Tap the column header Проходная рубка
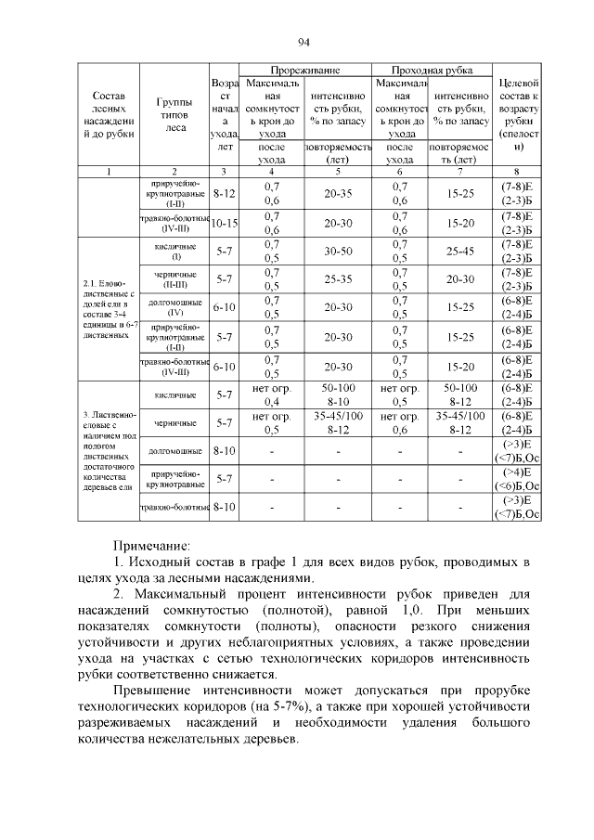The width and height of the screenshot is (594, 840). tap(432, 71)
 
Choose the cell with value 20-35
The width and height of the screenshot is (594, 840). tap(338, 195)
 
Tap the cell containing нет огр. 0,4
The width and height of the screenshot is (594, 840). tap(272, 395)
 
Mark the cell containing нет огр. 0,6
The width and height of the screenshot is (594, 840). tap(400, 423)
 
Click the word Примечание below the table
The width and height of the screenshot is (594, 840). tap(151, 546)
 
